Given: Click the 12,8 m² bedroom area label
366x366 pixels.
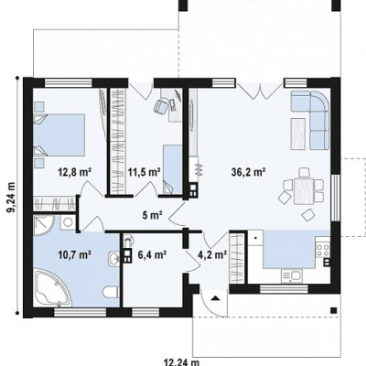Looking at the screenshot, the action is [75, 173].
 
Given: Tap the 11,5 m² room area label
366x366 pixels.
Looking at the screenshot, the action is [145, 173].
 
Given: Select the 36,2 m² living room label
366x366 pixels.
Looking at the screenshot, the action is [248, 172].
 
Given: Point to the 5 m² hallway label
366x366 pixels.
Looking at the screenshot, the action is [152, 216].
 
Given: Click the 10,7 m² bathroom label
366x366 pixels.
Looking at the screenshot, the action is [75, 253].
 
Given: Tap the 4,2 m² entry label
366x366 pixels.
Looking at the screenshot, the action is [212, 254].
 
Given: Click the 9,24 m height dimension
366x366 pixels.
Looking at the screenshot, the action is [12, 197].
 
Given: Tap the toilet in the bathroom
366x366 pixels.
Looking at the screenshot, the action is [111, 292].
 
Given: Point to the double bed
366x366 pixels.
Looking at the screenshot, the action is [59, 135].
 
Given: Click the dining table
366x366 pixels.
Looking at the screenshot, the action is [304, 191].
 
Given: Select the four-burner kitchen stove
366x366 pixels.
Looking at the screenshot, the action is [323, 250].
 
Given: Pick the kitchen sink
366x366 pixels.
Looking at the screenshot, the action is [292, 275].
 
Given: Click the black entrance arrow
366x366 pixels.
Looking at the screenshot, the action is [215, 297].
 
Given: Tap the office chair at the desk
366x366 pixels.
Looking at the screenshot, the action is [161, 106].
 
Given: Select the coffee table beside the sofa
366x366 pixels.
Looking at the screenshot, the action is [299, 134].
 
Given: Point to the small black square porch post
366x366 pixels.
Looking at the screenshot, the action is [334, 310].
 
